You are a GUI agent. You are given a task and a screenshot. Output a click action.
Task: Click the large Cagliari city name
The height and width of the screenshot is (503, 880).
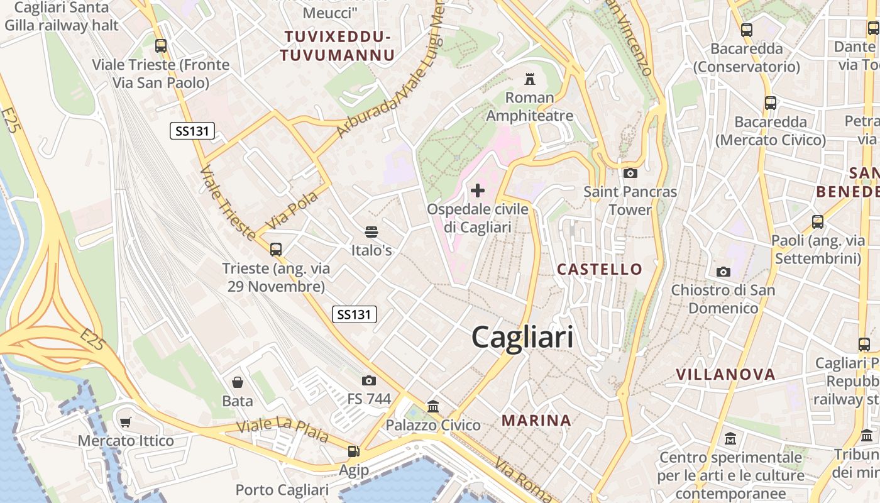coord(522,338)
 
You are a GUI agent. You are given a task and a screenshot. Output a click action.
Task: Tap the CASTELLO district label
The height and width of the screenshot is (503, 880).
coord(600,270)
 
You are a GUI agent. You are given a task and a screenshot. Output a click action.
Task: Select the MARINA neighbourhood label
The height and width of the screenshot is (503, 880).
coord(536,421)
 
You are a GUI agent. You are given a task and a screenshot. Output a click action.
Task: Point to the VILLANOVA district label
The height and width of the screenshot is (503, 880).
coord(725,375)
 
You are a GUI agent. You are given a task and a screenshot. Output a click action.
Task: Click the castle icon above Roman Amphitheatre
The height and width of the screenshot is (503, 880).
coord(530,79)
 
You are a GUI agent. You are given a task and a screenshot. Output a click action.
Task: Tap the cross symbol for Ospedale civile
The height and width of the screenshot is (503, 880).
coord(478,190)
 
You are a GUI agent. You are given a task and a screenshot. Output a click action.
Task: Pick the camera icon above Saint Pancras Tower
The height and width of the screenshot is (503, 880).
coord(630,173)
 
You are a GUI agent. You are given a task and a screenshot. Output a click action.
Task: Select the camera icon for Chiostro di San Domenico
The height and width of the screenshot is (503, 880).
coord(723,272)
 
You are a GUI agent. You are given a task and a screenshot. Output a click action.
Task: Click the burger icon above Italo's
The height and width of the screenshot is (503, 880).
coord(371,232)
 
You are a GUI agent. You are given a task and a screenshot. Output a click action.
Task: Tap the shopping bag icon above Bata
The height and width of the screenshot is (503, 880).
coord(238,382)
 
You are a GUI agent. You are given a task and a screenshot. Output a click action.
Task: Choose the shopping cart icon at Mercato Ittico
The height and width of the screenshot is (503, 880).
coord(126,423)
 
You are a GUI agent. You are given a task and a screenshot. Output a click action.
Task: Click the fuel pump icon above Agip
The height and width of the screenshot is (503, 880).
coord(354,451)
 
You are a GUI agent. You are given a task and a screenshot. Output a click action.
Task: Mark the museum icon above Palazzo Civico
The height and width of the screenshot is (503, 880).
coord(433,407)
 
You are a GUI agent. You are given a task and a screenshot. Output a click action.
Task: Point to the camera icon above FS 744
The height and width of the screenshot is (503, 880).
coord(369,380)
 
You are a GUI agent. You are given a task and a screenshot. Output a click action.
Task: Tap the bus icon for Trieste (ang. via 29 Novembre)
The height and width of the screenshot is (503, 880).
coord(276,250)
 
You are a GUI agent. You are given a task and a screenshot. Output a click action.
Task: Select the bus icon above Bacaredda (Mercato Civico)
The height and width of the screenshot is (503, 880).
coord(770,103)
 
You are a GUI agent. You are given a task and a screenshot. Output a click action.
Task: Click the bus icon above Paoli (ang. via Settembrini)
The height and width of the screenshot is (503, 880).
coord(818,222)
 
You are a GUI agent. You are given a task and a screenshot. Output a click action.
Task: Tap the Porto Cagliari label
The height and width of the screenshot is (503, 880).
coord(282,490)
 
